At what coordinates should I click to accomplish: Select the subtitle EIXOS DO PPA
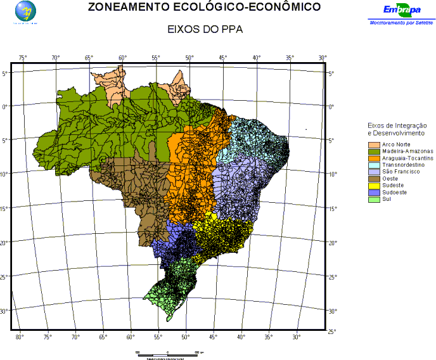(x=205, y=30)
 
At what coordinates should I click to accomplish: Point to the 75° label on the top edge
(x=23, y=58)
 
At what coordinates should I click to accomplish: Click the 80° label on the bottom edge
(x=19, y=337)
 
